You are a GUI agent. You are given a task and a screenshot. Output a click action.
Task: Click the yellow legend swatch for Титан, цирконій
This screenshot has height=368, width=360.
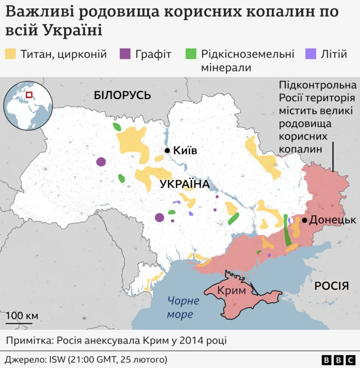pyautogui.click(x=10, y=55)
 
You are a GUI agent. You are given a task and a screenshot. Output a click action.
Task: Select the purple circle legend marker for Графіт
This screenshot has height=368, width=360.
pyautogui.click(x=125, y=55)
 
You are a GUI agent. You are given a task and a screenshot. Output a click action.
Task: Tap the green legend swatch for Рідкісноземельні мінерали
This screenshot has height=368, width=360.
pyautogui.click(x=191, y=55)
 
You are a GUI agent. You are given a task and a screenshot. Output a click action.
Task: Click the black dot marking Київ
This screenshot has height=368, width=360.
pyautogui.click(x=167, y=150)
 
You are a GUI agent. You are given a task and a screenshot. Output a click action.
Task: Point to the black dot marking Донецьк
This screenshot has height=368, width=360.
pyautogui.click(x=304, y=220)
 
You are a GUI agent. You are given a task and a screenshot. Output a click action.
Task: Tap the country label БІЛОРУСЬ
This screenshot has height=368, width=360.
pyautogui.click(x=122, y=96)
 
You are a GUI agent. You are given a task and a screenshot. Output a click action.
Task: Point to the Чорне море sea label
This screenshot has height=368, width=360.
pyautogui.click(x=183, y=307)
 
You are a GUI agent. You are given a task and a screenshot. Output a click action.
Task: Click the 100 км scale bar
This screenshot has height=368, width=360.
pyautogui.click(x=22, y=322)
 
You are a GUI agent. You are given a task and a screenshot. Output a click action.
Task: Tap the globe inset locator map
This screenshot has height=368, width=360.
pyautogui.click(x=25, y=105)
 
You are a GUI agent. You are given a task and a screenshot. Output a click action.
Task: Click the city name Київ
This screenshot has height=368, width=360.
pyautogui.click(x=185, y=150)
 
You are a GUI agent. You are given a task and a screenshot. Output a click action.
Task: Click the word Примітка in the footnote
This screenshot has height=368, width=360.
pyautogui.click(x=30, y=341)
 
